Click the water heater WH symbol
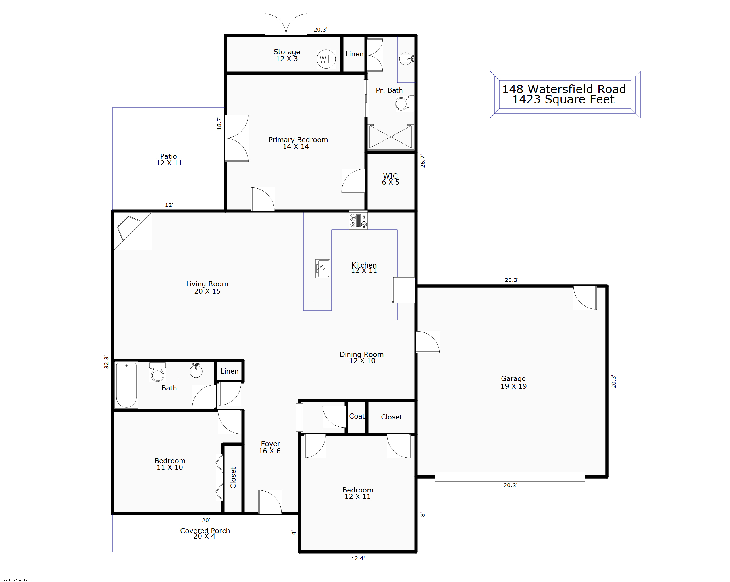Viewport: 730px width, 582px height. [x=326, y=59]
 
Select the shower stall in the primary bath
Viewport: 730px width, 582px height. [x=390, y=137]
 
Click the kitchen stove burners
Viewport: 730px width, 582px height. [x=358, y=221]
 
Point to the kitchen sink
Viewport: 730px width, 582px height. [x=323, y=269]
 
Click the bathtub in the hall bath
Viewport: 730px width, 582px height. [x=126, y=385]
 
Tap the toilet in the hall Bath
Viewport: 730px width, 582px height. [x=158, y=372]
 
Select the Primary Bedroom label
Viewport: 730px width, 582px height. [x=298, y=143]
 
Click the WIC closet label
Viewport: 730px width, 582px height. [x=390, y=179]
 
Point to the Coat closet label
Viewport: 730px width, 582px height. [x=357, y=416]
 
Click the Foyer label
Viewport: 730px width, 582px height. [x=270, y=447]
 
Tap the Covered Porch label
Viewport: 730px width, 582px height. [x=205, y=533]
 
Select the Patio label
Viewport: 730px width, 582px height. [x=169, y=159]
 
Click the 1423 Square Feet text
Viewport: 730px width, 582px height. [x=563, y=99]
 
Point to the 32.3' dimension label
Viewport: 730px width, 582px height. [x=106, y=362]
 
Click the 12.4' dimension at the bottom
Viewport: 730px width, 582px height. [x=358, y=558]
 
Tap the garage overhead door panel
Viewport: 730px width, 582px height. [x=510, y=476]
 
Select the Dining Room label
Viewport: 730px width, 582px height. [x=362, y=357]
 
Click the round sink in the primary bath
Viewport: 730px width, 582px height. [x=406, y=59]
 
